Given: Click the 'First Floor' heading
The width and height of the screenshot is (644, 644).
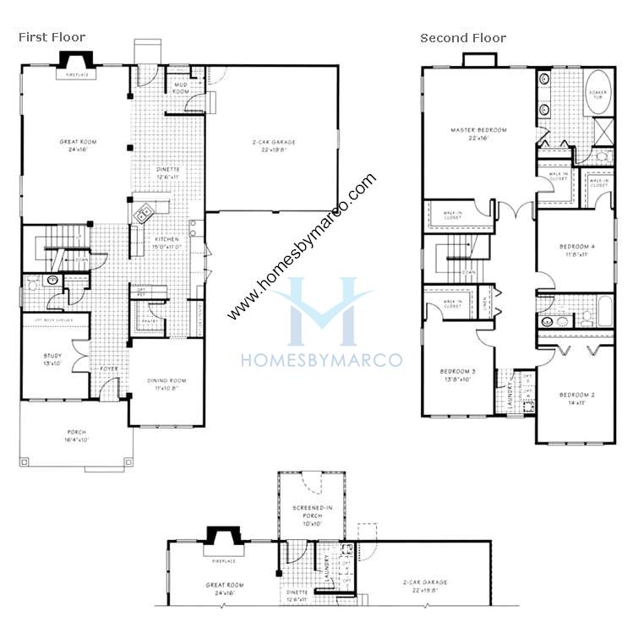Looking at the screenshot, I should coord(52,37).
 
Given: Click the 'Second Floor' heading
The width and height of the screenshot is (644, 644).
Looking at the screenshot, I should coord(463,37).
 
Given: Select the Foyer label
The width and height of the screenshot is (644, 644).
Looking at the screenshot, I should coord(110,368).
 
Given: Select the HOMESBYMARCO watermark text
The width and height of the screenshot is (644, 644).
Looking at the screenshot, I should coord(321,360).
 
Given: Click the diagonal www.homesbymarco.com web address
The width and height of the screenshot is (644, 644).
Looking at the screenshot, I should coord(302,248).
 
